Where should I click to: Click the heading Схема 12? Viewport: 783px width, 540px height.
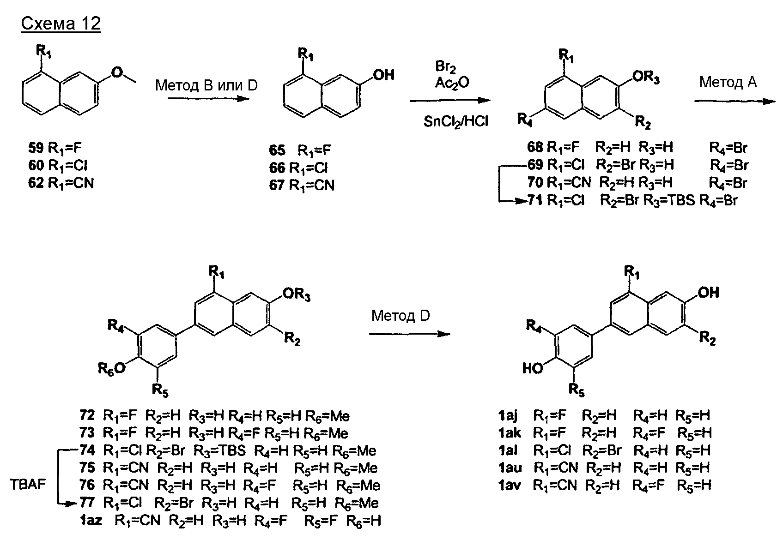[61, 24]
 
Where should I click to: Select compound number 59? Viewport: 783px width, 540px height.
[35, 148]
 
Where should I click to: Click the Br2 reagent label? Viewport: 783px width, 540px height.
[445, 66]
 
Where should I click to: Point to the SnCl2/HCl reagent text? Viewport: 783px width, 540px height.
[455, 121]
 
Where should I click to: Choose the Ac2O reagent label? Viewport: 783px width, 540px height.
[451, 83]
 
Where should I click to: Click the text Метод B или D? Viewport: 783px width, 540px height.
[206, 85]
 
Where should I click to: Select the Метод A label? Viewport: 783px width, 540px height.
[728, 82]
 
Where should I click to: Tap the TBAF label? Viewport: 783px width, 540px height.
[28, 486]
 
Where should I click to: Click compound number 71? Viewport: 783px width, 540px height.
[535, 201]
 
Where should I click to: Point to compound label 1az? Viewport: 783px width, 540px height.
[91, 521]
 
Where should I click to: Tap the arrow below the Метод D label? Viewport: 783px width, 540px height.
[409, 334]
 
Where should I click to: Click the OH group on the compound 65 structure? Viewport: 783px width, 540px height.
[383, 74]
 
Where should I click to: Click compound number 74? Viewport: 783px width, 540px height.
[87, 450]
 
